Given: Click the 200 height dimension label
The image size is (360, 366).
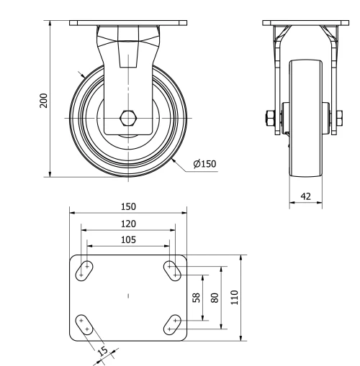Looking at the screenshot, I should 44,99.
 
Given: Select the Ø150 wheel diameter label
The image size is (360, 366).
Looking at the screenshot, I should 204,164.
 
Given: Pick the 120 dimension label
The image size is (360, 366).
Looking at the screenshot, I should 128,224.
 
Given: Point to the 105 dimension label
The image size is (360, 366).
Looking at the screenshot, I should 128,239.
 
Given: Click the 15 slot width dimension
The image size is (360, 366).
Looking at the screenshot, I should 102,352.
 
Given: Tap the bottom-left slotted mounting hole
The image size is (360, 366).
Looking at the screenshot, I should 85,324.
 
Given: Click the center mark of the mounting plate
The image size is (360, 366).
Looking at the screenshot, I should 128,296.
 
